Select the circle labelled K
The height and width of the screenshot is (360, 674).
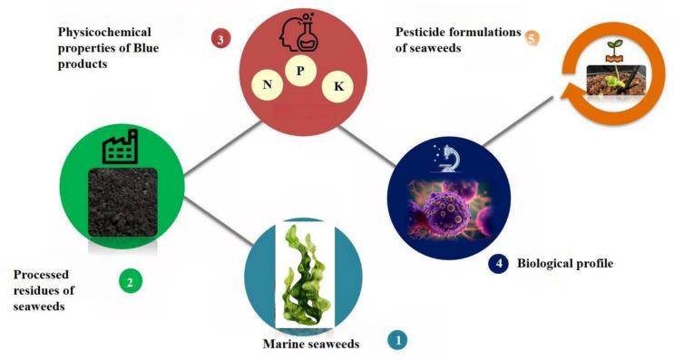338,86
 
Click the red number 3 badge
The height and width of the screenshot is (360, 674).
220,39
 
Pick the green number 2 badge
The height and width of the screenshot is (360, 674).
130,282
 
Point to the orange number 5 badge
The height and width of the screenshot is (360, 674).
532,38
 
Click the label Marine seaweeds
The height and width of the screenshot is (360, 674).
310,345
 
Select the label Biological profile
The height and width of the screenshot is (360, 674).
565,264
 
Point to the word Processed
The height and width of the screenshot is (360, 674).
44,273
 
